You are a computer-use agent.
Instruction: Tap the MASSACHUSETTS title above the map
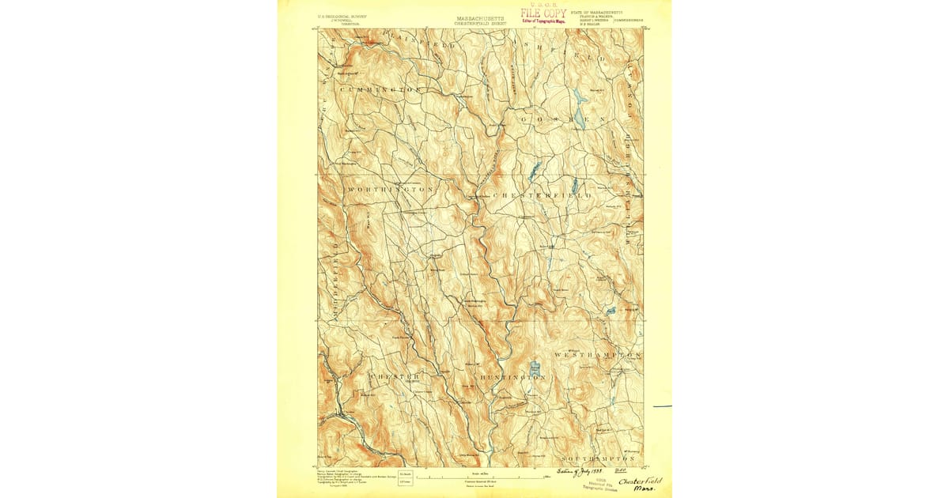pos(479,17)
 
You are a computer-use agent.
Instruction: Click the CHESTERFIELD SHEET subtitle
pos(479,24)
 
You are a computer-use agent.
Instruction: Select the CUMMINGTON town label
pos(382,90)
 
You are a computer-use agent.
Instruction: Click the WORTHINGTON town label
pos(390,191)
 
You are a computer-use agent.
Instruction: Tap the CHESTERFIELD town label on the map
pos(543,195)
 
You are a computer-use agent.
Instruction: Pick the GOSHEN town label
pos(562,119)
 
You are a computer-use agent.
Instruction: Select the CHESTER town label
pos(392,375)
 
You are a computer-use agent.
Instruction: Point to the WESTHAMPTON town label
pos(598,356)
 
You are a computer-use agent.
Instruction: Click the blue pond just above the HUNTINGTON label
pos(535,368)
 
